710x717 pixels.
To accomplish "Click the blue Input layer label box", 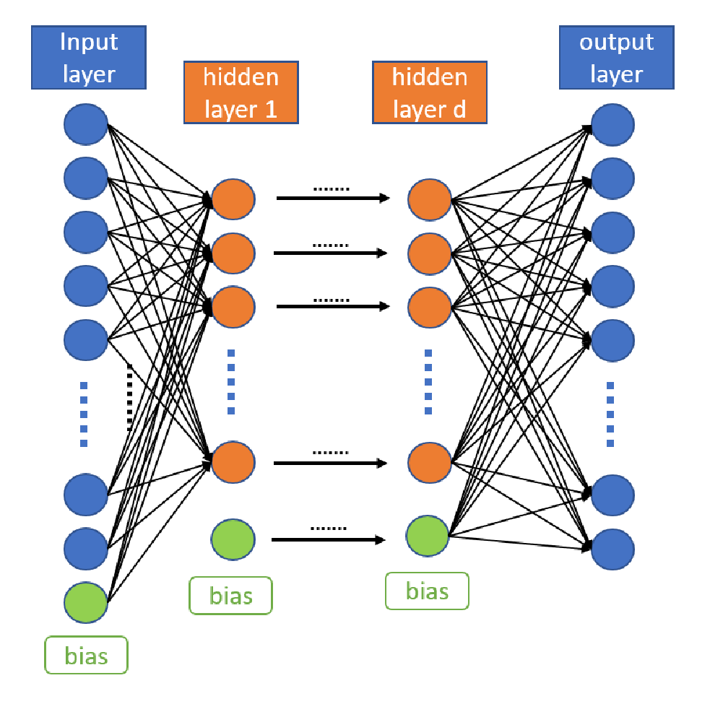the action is (x=89, y=57).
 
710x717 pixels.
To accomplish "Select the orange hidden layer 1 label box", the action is (x=241, y=92).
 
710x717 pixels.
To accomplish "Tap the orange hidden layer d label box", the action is (x=430, y=92).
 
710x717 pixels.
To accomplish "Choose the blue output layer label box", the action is (x=617, y=57).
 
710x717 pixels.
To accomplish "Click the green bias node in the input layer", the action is (x=85, y=602).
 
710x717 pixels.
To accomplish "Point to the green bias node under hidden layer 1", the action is (x=233, y=539).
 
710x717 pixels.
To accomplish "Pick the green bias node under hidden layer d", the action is (x=428, y=536).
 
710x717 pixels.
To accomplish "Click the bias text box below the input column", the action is (x=86, y=655).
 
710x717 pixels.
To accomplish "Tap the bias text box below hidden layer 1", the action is (x=230, y=596).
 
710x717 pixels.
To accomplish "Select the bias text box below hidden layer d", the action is (x=428, y=591).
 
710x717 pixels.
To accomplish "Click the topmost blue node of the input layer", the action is (x=85, y=124).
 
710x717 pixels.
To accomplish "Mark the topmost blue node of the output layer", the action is (x=612, y=125).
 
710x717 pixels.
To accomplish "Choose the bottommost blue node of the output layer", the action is (x=612, y=549).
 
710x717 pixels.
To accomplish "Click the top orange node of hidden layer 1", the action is (x=233, y=199).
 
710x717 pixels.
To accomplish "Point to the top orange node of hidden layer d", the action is (x=430, y=199).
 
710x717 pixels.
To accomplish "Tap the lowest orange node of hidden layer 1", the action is (x=233, y=462).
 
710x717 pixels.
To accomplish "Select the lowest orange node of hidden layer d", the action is (x=430, y=462).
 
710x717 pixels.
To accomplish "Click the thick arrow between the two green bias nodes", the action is (x=329, y=540).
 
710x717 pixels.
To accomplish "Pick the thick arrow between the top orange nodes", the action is (x=333, y=198).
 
